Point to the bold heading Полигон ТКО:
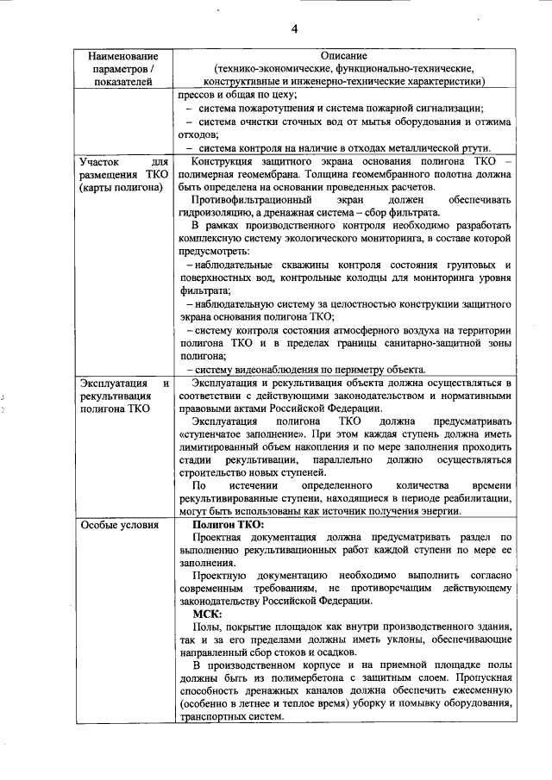click(x=229, y=525)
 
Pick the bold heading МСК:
click(x=208, y=613)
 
